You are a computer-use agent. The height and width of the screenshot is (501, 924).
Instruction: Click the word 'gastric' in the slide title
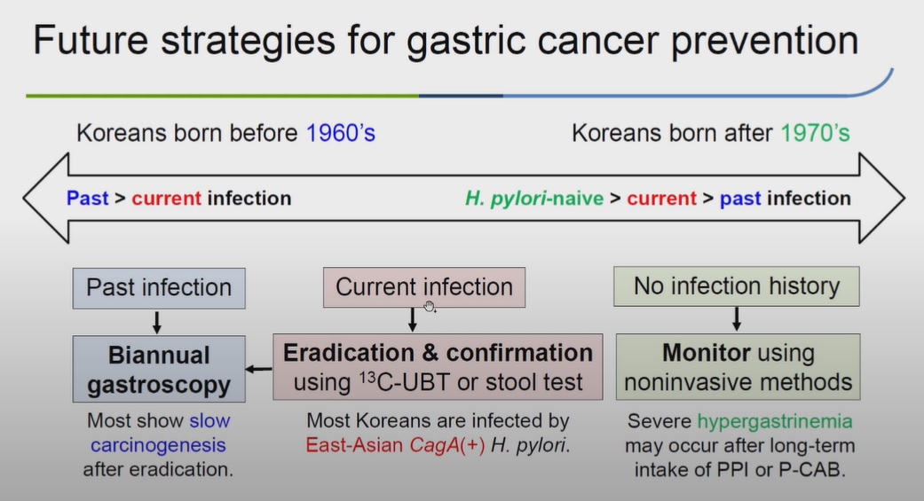pos(466,41)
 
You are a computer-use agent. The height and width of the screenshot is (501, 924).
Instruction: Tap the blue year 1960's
pos(341,133)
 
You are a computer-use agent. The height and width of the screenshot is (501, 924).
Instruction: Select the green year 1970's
pos(816,133)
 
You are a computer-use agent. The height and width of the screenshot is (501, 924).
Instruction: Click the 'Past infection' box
pos(159,288)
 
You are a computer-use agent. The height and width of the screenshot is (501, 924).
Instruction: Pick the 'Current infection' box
pos(424,287)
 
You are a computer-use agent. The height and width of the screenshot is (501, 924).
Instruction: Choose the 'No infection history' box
pos(737,286)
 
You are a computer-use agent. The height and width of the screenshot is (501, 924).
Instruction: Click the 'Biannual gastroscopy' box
pos(159,369)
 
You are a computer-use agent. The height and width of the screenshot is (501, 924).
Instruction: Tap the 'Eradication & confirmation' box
pos(438,367)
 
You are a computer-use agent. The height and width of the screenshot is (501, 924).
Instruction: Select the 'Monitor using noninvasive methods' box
pos(738,367)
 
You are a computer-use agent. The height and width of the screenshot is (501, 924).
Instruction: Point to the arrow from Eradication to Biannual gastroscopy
pos(258,369)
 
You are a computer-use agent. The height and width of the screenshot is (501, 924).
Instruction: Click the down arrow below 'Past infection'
pos(157,323)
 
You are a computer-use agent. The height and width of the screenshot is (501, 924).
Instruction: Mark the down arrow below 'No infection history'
pos(737,319)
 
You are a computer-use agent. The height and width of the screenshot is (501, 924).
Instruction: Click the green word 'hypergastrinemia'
pos(775,421)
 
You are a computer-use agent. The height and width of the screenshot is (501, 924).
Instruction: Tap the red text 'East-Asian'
pos(354,445)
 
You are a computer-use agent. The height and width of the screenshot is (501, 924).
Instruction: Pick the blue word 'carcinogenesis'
pos(158,446)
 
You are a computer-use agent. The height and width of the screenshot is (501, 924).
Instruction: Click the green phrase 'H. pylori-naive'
pos(534,199)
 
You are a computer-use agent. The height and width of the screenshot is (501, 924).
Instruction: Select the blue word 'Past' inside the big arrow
pos(88,199)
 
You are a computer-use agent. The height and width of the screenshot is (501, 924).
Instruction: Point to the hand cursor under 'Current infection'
pos(430,307)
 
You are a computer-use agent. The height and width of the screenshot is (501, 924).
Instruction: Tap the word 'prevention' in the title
pos(765,41)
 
